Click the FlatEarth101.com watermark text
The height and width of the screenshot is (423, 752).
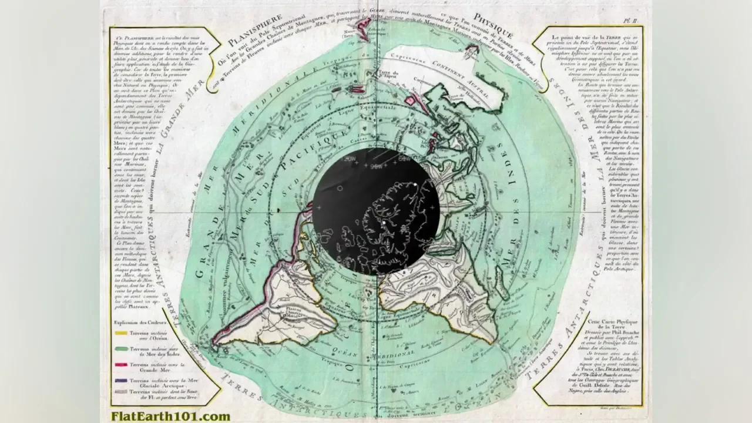pyautogui.click(x=170, y=417)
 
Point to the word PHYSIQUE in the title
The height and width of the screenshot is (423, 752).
pyautogui.click(x=494, y=29)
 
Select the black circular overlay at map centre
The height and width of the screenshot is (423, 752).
pyautogui.click(x=377, y=211)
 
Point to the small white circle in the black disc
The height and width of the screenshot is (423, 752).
pyautogui.click(x=340, y=188)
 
